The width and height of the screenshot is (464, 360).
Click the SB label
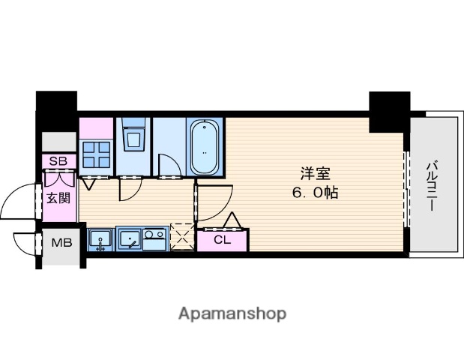[x=58, y=161]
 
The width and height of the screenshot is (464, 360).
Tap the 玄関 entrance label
[x=59, y=198]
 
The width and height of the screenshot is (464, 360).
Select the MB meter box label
[x=61, y=243]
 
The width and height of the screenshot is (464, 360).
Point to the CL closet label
[x=222, y=240]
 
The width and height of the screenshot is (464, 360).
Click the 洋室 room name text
[x=316, y=173]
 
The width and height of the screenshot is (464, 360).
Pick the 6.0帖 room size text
[x=315, y=193]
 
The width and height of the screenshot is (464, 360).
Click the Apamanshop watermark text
[x=232, y=314]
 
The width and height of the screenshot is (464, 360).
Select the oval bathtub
[x=205, y=147]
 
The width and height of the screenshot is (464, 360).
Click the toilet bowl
[x=133, y=139]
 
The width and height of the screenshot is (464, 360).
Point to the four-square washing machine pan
[x=96, y=154]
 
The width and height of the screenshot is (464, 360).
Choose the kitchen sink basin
[x=130, y=238]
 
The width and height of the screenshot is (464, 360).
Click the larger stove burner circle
[x=148, y=235]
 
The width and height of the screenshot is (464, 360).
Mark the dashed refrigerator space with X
[x=182, y=238]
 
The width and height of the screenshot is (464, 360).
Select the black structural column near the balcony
[x=389, y=112]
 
